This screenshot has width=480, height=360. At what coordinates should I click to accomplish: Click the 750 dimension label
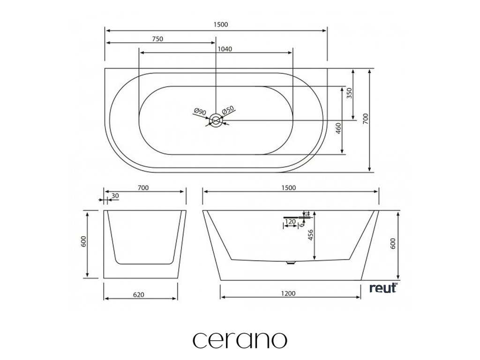click(x=157, y=39)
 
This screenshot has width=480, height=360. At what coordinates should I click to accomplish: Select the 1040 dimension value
click(x=225, y=49)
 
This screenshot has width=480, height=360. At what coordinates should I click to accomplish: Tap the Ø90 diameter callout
click(x=200, y=112)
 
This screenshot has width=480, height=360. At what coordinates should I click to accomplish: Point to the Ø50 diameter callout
click(x=228, y=110)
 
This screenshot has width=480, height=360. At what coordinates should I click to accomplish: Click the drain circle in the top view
click(x=216, y=120)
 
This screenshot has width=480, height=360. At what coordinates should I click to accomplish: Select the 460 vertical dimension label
click(x=339, y=127)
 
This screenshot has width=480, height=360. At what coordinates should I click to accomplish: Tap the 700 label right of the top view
click(x=365, y=121)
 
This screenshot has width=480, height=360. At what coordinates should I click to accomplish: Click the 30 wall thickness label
click(x=115, y=196)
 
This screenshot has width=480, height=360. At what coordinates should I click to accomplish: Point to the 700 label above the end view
click(x=143, y=188)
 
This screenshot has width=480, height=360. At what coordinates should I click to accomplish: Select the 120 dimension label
click(x=290, y=221)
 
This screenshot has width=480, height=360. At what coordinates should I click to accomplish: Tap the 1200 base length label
click(x=288, y=294)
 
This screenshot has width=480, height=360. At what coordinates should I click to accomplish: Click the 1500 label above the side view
click(x=288, y=188)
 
